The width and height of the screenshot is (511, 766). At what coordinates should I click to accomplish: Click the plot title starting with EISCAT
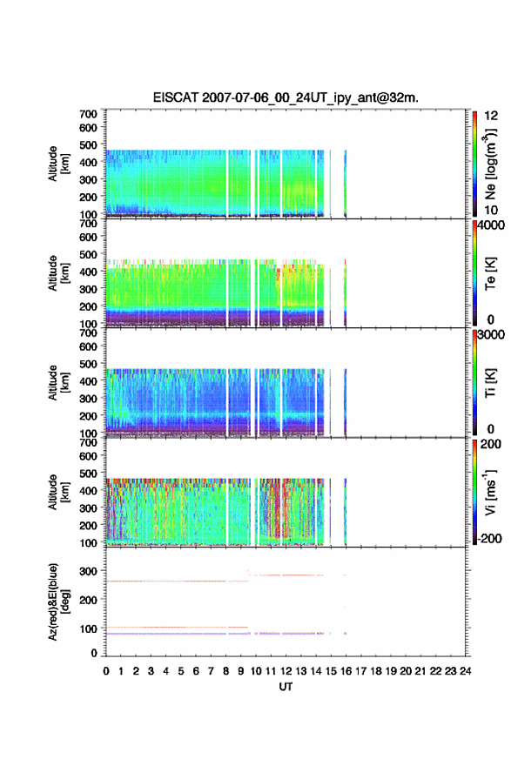click(x=286, y=97)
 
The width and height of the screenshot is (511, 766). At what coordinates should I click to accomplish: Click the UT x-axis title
click(x=286, y=687)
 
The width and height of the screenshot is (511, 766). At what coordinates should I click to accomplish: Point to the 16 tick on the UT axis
click(x=346, y=671)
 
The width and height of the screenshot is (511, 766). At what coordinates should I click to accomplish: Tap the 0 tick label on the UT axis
click(x=106, y=671)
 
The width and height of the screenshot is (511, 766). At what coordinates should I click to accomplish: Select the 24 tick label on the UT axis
click(x=465, y=671)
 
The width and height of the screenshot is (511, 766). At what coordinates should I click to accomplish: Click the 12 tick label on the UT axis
click(x=286, y=671)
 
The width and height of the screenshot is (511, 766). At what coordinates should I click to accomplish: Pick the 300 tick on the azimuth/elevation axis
click(x=89, y=571)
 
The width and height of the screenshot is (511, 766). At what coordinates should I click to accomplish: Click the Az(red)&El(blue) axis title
click(x=58, y=601)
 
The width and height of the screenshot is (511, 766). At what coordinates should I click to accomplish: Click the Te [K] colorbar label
click(x=490, y=273)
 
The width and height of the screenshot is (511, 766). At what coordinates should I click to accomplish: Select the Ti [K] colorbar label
click(x=490, y=383)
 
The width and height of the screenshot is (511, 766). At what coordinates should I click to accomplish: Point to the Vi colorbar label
click(x=490, y=492)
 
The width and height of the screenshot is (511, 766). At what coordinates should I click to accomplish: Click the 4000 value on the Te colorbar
click(x=492, y=225)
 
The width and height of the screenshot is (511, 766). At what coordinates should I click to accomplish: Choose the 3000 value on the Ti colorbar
click(x=492, y=335)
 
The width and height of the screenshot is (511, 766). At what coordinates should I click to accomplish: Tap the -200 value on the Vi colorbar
click(x=490, y=538)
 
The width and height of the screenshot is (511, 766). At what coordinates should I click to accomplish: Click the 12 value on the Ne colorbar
click(x=492, y=116)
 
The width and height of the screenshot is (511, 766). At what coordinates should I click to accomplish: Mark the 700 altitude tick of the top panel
click(x=89, y=114)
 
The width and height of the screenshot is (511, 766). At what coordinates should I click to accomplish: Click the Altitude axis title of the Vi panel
click(x=58, y=492)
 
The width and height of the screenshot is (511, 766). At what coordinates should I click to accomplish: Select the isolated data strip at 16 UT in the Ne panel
click(x=346, y=183)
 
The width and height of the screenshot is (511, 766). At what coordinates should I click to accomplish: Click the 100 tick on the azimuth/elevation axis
click(x=89, y=628)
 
